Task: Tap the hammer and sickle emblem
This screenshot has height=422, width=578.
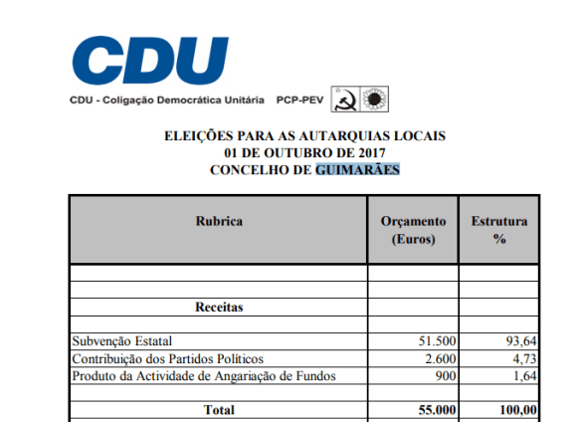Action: (x=344, y=100)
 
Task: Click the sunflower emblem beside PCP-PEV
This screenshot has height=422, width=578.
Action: (x=376, y=100)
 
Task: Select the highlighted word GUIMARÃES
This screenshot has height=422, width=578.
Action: (x=358, y=170)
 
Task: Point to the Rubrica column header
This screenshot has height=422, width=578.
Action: (x=219, y=221)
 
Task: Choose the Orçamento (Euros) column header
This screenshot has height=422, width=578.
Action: (x=414, y=230)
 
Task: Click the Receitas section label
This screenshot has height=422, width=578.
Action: (x=219, y=308)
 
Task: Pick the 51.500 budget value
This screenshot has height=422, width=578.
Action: (x=436, y=341)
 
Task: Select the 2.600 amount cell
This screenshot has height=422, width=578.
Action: (x=440, y=358)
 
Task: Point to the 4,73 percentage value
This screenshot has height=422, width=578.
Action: (x=523, y=358)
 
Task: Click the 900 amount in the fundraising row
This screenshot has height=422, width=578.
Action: (x=445, y=375)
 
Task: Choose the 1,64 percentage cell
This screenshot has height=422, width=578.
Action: (x=523, y=375)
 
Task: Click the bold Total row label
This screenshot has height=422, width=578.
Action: (x=219, y=409)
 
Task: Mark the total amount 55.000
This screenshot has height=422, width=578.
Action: (x=435, y=409)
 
